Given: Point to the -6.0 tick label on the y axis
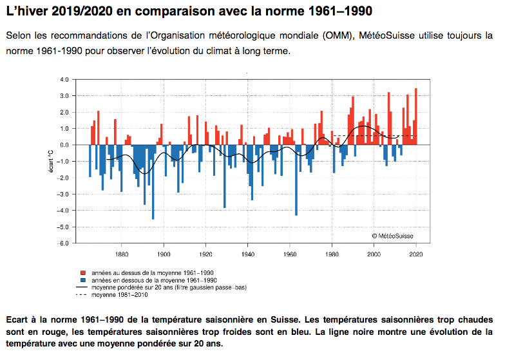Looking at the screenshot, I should point(64,243).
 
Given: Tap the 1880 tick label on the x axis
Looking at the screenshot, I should point(122,253).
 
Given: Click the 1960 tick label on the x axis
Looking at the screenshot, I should point(290,253).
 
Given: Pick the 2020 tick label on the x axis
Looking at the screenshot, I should point(416,253).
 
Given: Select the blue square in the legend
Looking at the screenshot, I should point(82,281).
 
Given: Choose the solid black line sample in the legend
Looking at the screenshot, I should point(82,287).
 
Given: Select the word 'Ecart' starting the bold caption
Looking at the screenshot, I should point(20,320).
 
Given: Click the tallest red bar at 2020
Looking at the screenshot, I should point(416,116).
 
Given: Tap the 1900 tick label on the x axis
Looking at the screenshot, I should point(164,253).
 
